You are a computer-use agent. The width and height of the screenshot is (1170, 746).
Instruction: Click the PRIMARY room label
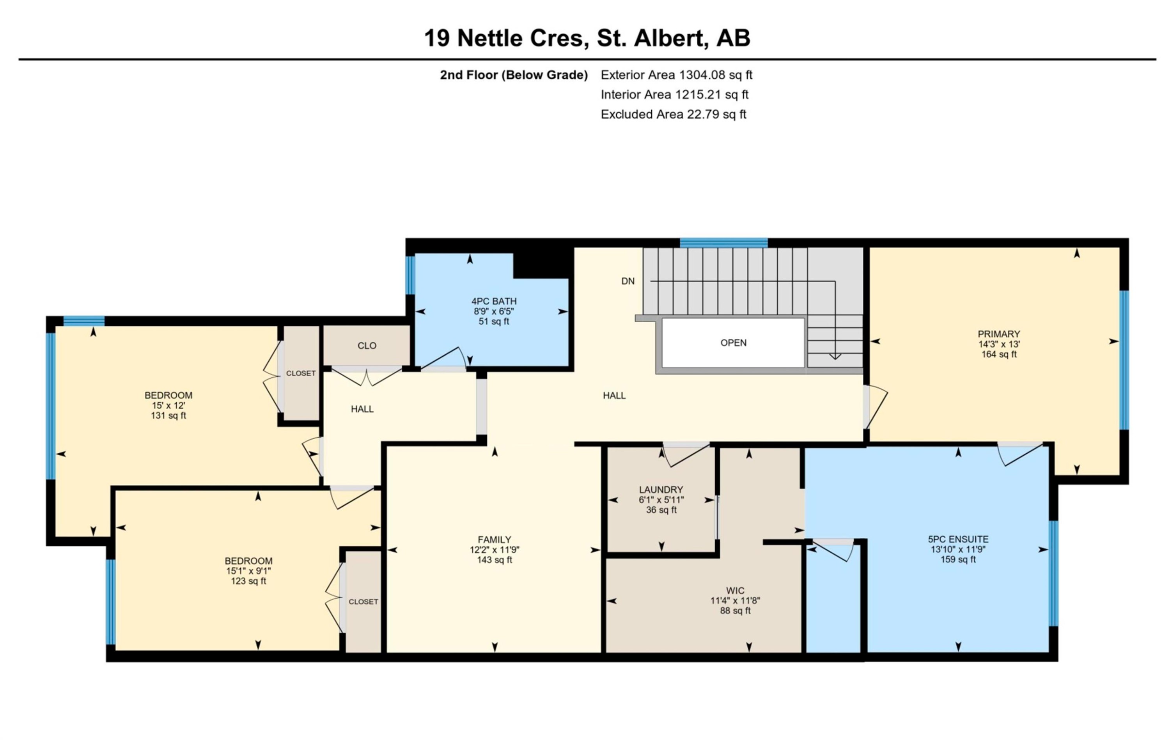click(x=998, y=334)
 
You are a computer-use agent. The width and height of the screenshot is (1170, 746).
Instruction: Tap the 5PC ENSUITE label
click(x=958, y=539)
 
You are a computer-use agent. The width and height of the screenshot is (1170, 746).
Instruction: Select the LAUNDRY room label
click(x=661, y=490)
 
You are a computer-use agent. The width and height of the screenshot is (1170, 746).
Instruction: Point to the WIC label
click(x=735, y=590)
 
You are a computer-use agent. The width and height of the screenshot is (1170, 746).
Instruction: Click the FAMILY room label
click(x=494, y=539)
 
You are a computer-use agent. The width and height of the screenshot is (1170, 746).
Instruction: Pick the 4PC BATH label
click(x=494, y=301)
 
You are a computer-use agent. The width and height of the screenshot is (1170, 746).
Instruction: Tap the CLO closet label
click(x=367, y=346)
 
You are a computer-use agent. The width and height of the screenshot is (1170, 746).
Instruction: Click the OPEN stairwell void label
click(x=733, y=343)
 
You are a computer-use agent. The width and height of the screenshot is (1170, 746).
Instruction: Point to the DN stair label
click(x=628, y=281)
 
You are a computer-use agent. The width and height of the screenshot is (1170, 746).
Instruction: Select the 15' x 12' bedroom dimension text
click(x=168, y=405)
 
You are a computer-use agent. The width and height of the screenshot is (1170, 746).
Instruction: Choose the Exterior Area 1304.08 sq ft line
click(x=676, y=75)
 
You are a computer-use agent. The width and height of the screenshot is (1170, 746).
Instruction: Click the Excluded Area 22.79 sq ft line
click(x=673, y=115)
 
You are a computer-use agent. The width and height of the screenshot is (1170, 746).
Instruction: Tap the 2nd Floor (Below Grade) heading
click(x=514, y=75)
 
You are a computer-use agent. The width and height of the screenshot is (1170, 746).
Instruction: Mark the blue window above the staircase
click(x=723, y=243)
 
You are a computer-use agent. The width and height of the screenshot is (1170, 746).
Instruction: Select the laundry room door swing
click(x=685, y=454)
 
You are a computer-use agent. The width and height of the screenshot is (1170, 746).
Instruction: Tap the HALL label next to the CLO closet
click(x=362, y=409)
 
